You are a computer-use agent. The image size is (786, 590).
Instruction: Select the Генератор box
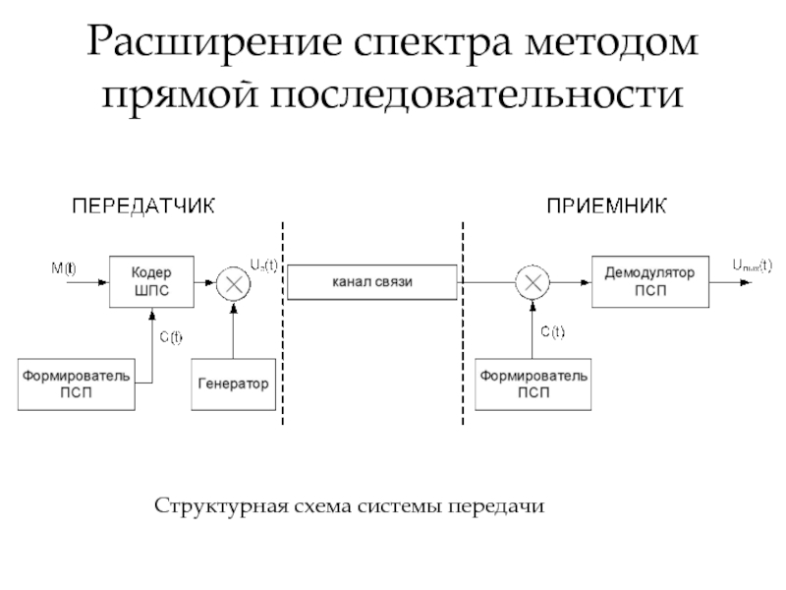coord(232,383)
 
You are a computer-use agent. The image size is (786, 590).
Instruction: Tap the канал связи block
coord(372,281)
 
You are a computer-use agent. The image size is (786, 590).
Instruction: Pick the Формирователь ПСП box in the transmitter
coord(76,384)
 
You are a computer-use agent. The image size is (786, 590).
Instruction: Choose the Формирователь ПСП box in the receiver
coord(533,384)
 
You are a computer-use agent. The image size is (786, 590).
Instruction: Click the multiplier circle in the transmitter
coord(234,282)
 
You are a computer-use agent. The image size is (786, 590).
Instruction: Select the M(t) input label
coord(64,267)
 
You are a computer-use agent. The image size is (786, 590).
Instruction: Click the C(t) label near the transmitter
coord(172,338)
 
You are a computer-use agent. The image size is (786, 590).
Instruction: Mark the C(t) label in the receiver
coord(553,331)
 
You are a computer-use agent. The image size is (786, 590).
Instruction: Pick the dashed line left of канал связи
coord(283,324)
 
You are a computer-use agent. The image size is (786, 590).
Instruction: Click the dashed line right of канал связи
coord(463,324)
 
